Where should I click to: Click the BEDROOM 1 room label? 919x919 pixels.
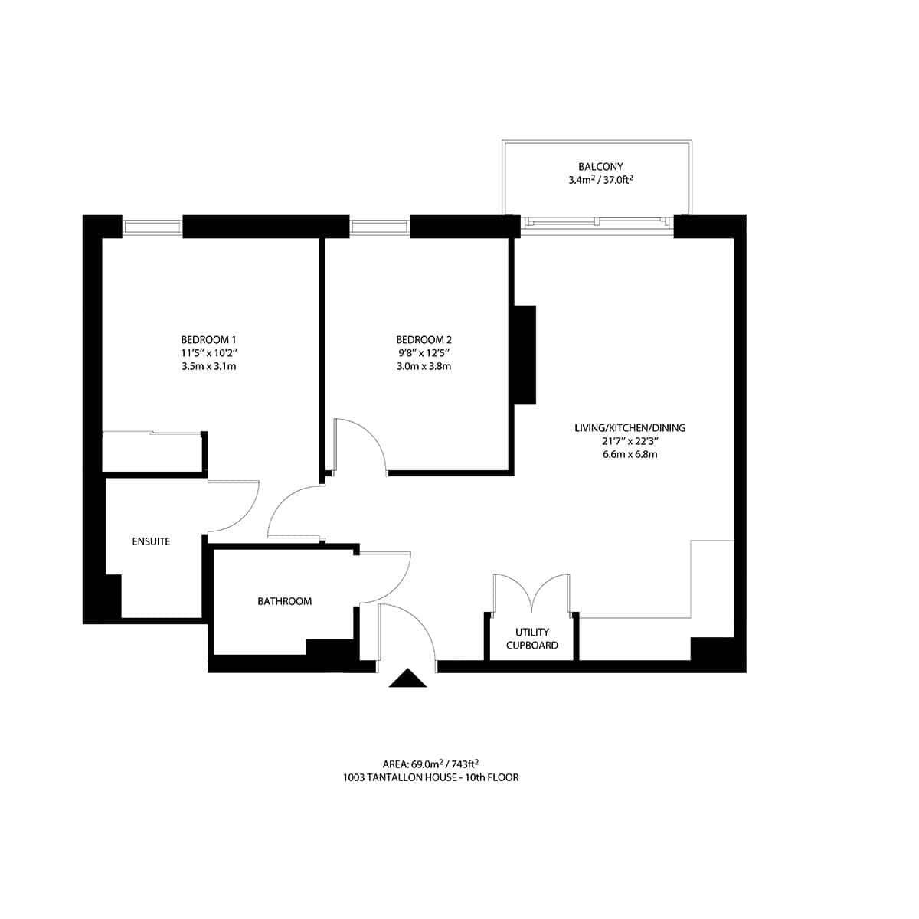(x=208, y=339)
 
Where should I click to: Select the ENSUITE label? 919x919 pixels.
(x=151, y=541)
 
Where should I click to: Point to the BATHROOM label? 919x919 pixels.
(x=284, y=601)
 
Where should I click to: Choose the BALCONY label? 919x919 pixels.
(x=600, y=166)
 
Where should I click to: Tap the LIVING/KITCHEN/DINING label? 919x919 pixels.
(x=630, y=427)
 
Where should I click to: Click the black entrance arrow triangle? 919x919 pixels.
(x=407, y=679)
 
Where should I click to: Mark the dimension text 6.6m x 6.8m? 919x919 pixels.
(x=630, y=454)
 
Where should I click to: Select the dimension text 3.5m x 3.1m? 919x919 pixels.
(x=208, y=366)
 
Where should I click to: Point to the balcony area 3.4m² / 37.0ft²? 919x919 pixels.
(x=600, y=181)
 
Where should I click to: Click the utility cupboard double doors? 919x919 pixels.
(x=531, y=591)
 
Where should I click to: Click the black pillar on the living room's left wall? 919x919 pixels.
(x=525, y=354)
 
